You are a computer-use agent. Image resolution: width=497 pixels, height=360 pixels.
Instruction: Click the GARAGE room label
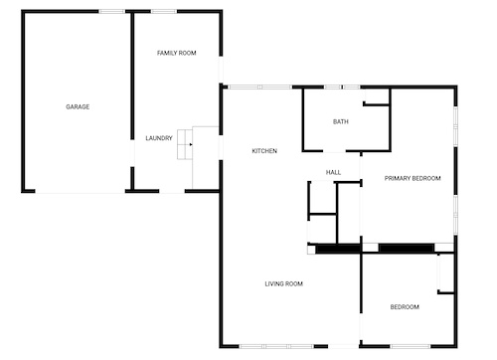[x=78, y=106]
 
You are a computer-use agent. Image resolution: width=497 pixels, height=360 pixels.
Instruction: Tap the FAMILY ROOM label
[x=177, y=53]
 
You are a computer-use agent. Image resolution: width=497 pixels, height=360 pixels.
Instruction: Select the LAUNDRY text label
[x=159, y=138]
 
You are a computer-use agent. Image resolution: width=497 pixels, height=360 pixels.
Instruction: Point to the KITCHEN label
[x=264, y=151]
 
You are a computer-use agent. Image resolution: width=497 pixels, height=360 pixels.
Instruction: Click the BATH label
[x=341, y=122]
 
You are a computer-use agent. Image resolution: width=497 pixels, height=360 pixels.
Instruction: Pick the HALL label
[x=333, y=172]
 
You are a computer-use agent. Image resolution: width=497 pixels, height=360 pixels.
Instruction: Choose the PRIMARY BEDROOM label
[x=413, y=178]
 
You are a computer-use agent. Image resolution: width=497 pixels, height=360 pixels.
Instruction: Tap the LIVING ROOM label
[x=284, y=283]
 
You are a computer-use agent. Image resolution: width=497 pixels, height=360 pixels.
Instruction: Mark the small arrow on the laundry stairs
[x=191, y=144]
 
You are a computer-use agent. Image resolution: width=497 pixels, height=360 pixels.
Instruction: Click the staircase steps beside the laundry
[x=185, y=144]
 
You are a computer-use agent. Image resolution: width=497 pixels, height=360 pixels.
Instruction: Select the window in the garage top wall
[x=112, y=12]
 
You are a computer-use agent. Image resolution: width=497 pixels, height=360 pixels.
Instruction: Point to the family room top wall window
[x=164, y=12]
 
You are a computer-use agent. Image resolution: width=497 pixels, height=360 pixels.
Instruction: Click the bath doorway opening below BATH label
[x=334, y=151]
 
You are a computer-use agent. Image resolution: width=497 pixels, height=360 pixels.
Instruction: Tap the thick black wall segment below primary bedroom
[x=407, y=248]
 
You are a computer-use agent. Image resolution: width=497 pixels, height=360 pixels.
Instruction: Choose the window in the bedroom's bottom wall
[x=411, y=346]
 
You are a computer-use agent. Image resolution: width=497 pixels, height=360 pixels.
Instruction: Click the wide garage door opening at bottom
[x=80, y=191]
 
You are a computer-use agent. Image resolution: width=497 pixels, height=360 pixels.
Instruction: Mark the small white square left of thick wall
[x=311, y=249]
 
